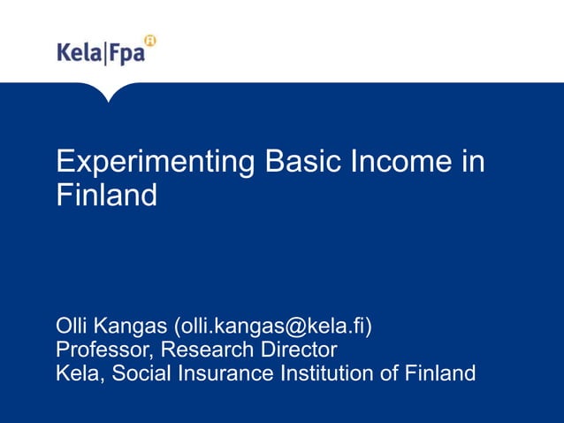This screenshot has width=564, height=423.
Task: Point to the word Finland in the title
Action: point(106,195)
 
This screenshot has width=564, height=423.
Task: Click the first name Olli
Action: point(72,326)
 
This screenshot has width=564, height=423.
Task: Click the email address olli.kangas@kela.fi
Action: point(273,327)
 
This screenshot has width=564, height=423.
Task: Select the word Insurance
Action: point(225,373)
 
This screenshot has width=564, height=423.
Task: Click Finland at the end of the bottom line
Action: point(441,373)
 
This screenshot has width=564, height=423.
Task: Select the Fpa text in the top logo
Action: point(126,54)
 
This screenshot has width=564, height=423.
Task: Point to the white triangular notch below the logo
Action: point(109,92)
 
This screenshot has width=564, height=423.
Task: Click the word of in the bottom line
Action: point(390,373)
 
